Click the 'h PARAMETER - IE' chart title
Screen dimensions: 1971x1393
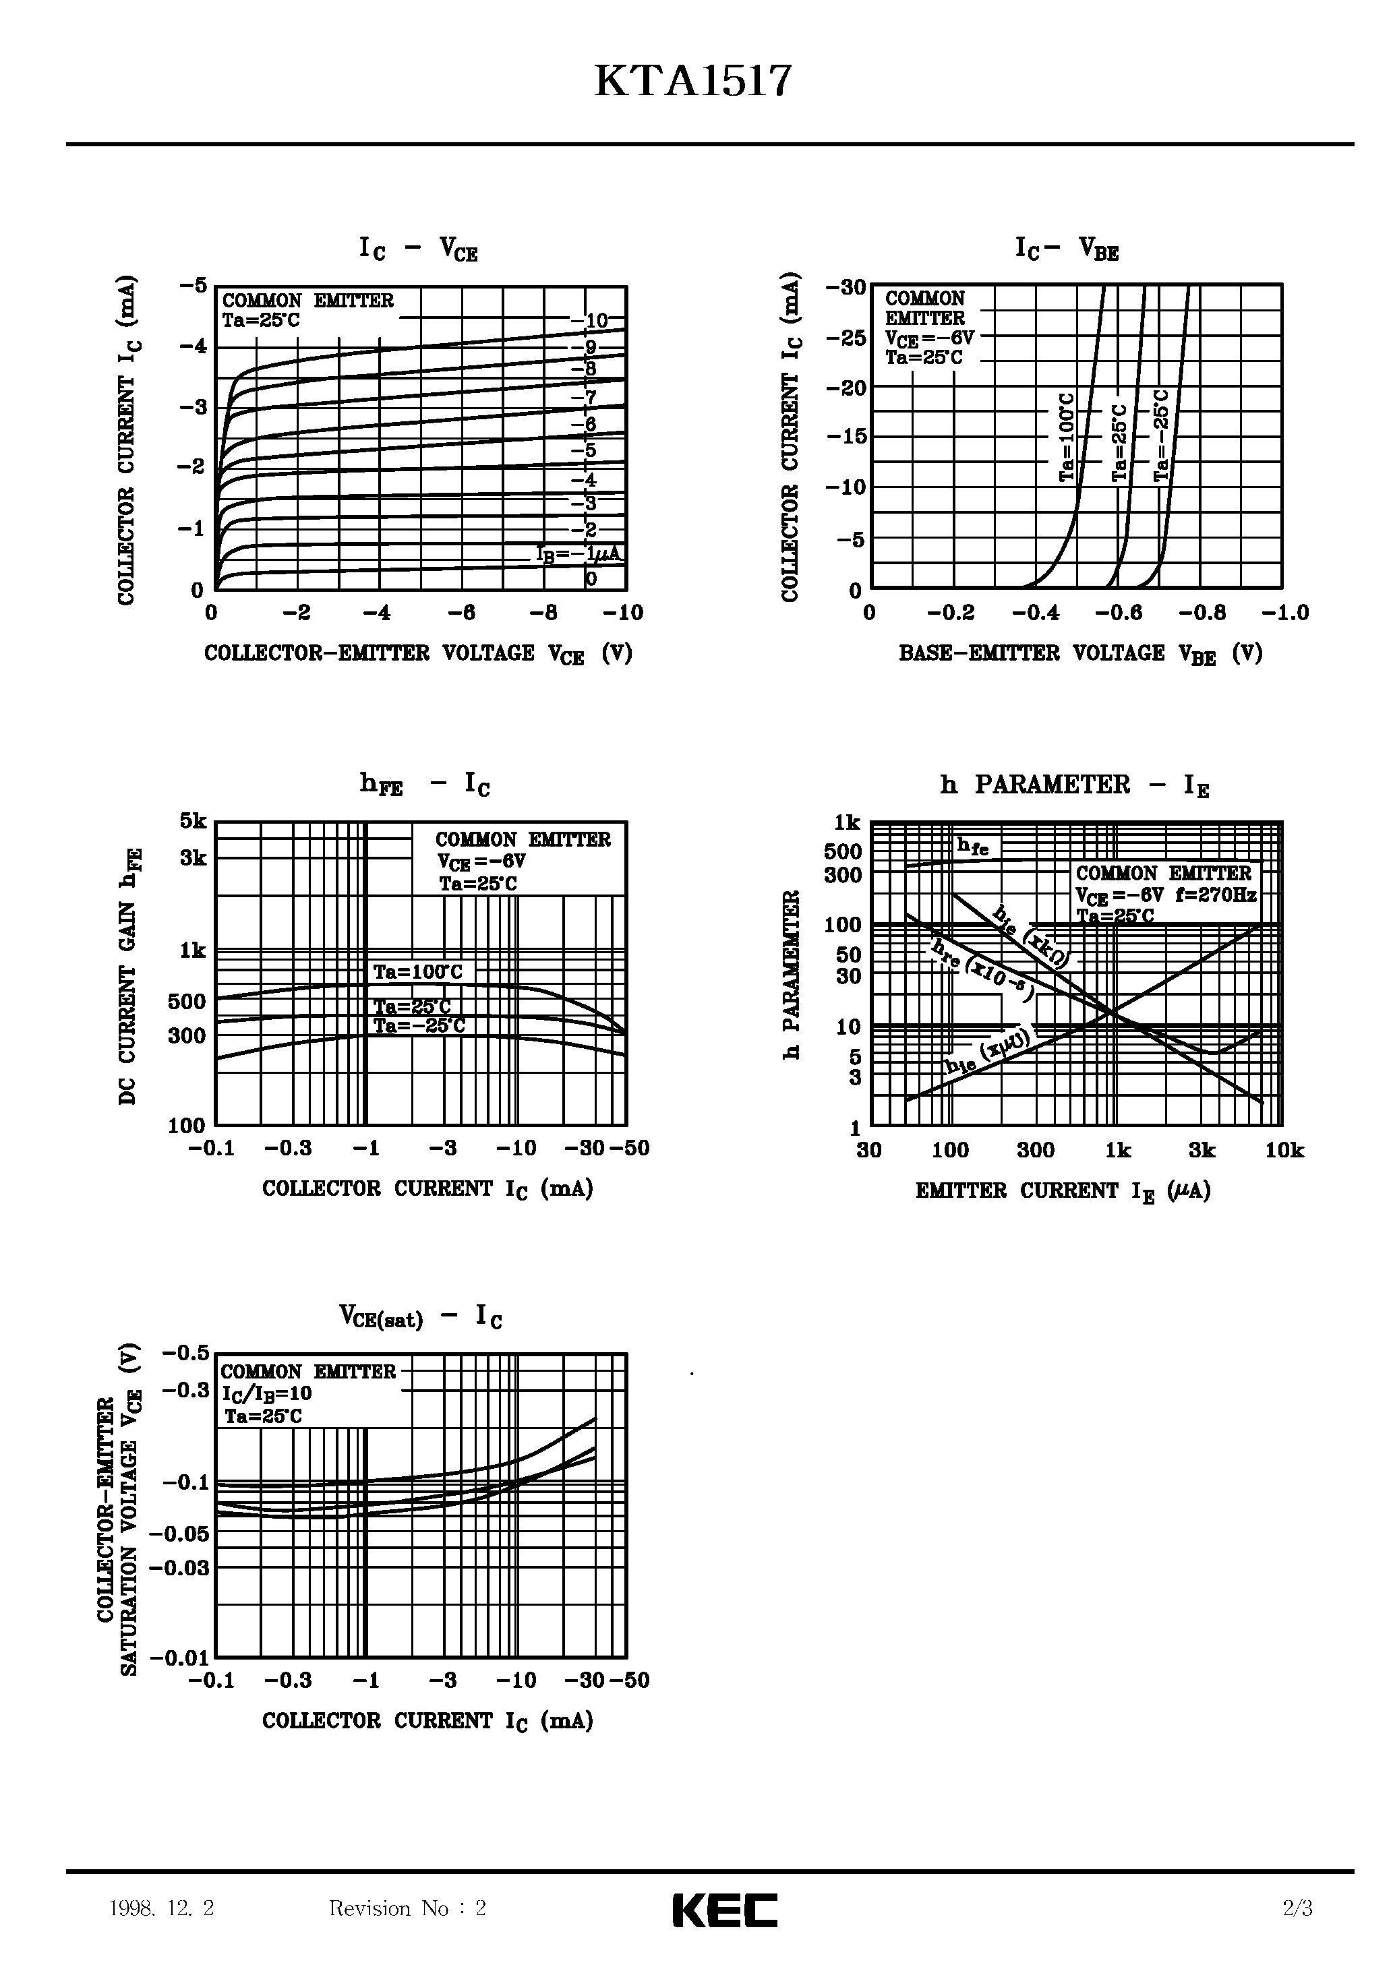coord(1074,785)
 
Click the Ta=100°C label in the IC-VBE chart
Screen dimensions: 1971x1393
coord(1066,437)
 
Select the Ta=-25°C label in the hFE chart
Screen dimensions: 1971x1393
coord(419,1026)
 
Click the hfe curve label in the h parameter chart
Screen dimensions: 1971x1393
coord(973,847)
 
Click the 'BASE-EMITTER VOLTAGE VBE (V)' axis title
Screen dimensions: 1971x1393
coord(1080,654)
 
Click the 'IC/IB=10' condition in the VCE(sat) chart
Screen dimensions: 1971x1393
coord(266,1393)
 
